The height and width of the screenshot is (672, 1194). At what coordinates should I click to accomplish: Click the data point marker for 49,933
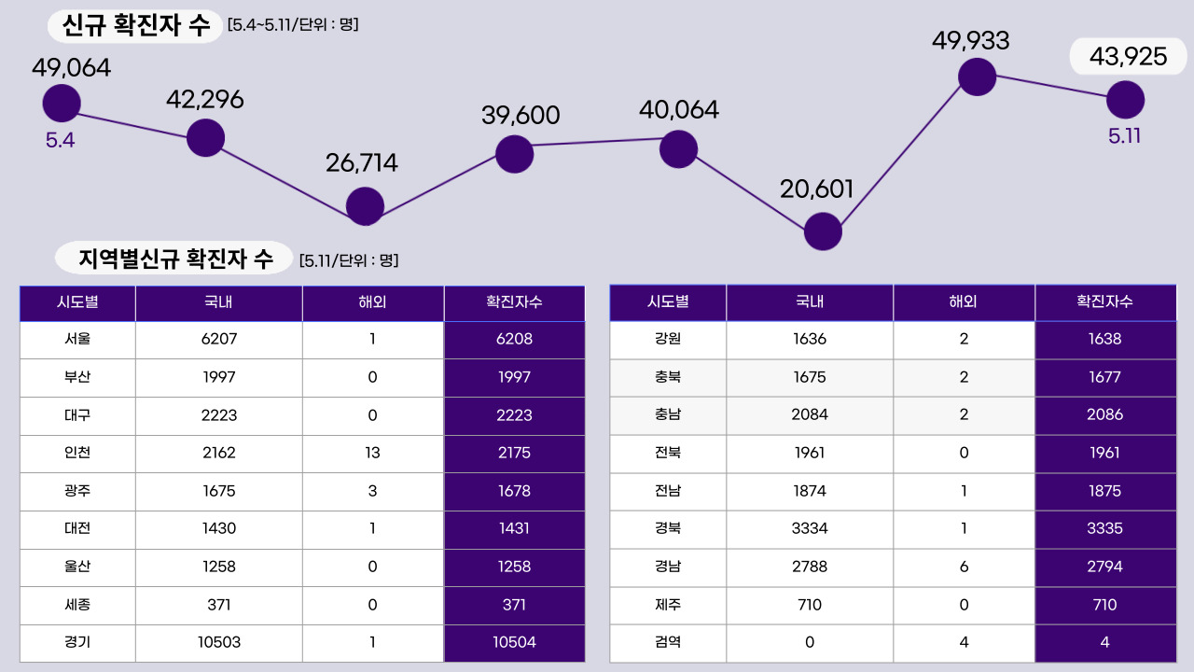977,77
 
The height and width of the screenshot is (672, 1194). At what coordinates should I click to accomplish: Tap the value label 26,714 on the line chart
362,163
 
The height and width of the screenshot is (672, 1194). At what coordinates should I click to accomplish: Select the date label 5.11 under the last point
1125,135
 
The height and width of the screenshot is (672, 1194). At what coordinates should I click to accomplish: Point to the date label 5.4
60,141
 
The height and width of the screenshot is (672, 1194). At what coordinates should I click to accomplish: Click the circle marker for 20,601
823,231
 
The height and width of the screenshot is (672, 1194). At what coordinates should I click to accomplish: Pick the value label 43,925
1128,57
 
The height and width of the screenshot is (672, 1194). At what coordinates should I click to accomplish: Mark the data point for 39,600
514,154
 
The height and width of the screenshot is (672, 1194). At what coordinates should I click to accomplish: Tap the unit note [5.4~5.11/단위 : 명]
293,24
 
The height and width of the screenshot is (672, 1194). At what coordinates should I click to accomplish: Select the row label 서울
77,339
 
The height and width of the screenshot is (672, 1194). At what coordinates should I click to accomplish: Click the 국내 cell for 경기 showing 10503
219,642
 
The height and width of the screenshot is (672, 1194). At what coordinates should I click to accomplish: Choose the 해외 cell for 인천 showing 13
372,453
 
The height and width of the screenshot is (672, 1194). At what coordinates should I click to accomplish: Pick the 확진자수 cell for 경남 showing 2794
1104,567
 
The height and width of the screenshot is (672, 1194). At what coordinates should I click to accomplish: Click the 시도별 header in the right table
668,302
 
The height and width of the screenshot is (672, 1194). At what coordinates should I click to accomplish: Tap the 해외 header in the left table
372,302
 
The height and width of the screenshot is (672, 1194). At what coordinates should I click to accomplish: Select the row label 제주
668,605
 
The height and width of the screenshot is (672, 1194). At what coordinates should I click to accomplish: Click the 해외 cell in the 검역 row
964,642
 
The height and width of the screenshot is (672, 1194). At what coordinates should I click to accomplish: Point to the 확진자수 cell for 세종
514,605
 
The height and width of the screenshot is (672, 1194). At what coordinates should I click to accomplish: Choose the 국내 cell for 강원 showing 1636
810,339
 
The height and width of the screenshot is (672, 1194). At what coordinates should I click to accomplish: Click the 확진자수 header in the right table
1104,302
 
